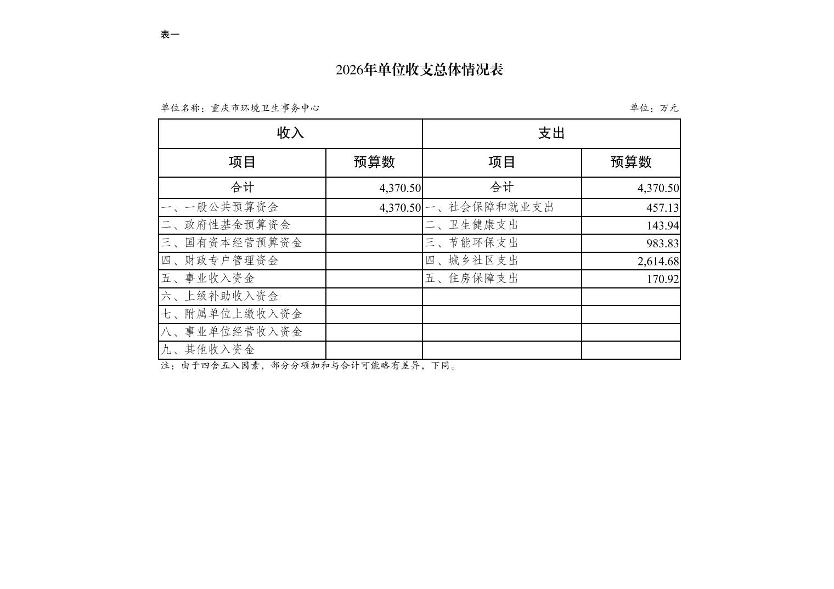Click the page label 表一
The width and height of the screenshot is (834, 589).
(170, 35)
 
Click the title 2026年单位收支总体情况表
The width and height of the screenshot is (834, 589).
(419, 70)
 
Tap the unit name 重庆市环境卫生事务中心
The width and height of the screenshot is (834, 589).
(265, 108)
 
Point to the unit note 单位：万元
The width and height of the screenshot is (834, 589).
(654, 108)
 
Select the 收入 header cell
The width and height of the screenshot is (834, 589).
(290, 133)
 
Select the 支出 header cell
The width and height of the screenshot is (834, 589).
(551, 133)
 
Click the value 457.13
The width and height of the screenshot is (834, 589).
(662, 208)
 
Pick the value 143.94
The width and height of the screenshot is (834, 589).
(662, 225)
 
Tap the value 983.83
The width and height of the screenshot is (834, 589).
(662, 243)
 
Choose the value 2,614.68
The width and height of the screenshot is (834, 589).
(658, 261)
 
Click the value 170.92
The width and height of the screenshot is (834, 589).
(662, 279)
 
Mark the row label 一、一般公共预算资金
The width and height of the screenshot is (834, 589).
(219, 207)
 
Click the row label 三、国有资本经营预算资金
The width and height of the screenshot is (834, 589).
(232, 243)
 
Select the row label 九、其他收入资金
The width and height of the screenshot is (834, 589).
(208, 350)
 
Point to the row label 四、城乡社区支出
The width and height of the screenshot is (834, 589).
(471, 260)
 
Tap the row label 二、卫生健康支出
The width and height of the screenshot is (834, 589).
(471, 225)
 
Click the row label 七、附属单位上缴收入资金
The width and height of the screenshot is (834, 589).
(232, 314)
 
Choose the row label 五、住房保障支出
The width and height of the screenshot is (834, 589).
(471, 279)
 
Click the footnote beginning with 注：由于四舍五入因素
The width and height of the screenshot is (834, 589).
(308, 366)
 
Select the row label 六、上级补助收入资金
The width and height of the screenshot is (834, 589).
(219, 296)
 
